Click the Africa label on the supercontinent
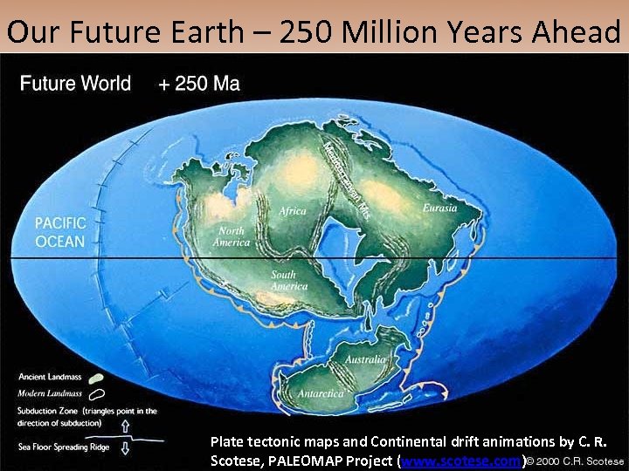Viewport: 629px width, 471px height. point(293,211)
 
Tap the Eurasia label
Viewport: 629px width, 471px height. point(439,208)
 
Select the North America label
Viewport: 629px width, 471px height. point(232,236)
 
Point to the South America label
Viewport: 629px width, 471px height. point(288,280)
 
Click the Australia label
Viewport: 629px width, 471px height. point(364,359)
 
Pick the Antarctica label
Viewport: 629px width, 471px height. point(321,394)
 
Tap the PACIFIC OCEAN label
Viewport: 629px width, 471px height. point(60,230)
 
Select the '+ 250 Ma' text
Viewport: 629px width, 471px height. point(199,84)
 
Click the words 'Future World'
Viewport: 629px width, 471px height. point(75,84)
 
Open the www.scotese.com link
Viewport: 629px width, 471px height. point(460,460)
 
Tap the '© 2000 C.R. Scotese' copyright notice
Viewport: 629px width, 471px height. point(575,460)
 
